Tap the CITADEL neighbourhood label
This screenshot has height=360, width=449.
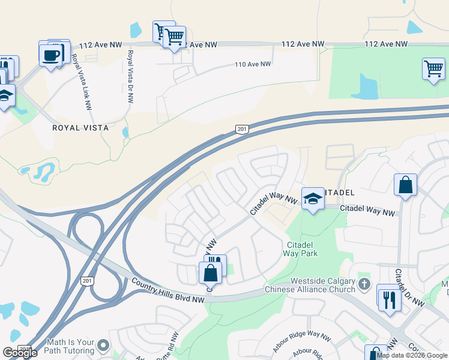(x=336, y=193)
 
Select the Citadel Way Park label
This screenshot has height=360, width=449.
(x=302, y=249)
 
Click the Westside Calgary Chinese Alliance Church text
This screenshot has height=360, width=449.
(x=323, y=285)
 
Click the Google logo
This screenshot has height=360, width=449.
(x=20, y=353)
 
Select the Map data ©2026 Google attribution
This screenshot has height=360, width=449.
(x=412, y=355)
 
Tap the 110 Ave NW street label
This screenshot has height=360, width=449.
(x=253, y=64)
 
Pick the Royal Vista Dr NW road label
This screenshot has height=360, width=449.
(x=129, y=76)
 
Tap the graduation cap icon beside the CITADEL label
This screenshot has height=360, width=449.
(x=312, y=198)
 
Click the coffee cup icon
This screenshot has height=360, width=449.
(x=51, y=55)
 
